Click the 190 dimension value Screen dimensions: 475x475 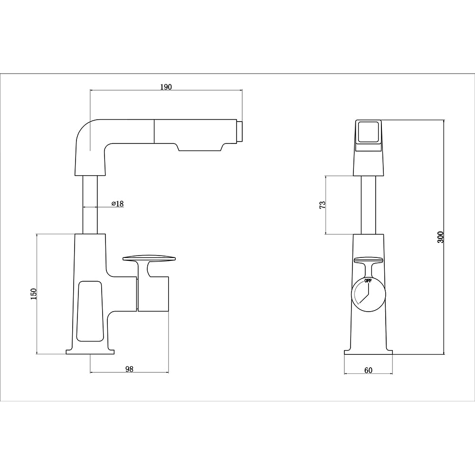(166, 87)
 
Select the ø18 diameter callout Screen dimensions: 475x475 (117, 204)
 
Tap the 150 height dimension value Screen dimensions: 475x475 (33, 294)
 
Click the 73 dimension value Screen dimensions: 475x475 (323, 205)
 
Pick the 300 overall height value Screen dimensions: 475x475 (440, 237)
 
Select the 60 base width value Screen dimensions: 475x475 (368, 370)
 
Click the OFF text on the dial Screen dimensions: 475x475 (368, 281)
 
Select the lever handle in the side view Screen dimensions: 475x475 (150, 258)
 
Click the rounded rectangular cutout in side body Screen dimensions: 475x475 (89, 311)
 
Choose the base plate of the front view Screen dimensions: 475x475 (368, 352)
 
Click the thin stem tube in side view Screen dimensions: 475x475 (90, 204)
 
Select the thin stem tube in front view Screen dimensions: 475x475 (368, 204)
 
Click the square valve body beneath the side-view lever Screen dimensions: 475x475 (153, 294)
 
